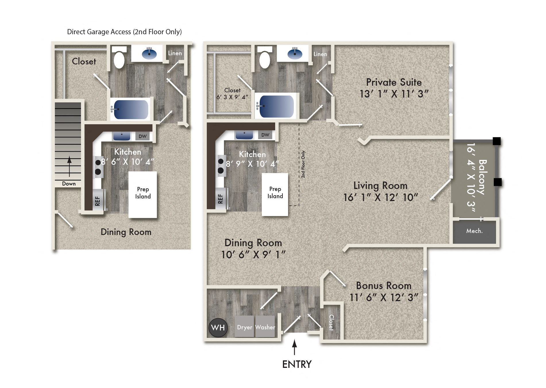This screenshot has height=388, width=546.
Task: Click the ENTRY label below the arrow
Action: (x=297, y=364)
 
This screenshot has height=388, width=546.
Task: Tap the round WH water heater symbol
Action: (x=218, y=328)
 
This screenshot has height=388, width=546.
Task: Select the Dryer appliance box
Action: (x=244, y=327)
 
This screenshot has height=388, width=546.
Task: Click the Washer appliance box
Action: (x=265, y=327)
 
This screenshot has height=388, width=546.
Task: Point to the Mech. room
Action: (x=474, y=231)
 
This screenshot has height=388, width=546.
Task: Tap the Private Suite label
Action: (x=394, y=82)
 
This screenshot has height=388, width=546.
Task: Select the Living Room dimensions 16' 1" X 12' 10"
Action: (x=381, y=197)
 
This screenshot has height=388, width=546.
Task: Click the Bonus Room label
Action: (x=384, y=286)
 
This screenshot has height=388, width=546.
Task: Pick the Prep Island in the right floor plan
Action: (x=275, y=194)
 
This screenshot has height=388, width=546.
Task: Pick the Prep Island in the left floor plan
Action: (x=143, y=194)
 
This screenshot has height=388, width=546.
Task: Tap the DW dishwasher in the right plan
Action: (x=265, y=135)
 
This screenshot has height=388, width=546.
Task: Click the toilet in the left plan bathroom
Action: (x=119, y=60)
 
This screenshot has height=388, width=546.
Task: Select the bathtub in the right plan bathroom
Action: (x=276, y=106)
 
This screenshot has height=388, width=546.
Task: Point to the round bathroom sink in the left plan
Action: (x=149, y=54)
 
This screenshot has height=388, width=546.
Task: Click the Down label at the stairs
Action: (x=69, y=184)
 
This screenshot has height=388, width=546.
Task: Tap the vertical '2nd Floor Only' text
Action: (x=303, y=164)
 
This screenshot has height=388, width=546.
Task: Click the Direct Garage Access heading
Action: (x=124, y=32)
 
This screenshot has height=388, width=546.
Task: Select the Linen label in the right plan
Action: (x=320, y=54)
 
